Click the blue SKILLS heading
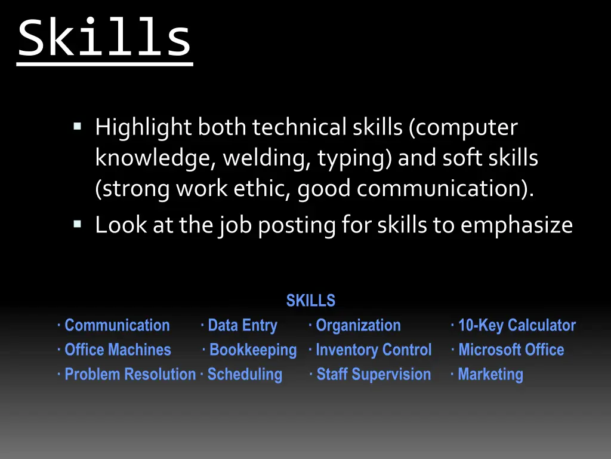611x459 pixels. pyautogui.click(x=310, y=301)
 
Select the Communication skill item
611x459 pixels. pyautogui.click(x=117, y=326)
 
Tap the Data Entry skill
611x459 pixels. pyautogui.click(x=242, y=326)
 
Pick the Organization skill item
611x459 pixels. pyautogui.click(x=358, y=326)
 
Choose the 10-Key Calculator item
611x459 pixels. pyautogui.click(x=517, y=326)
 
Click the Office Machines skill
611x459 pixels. pyautogui.click(x=118, y=350)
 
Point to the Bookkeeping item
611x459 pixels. pyautogui.click(x=253, y=350)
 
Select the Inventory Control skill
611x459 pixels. pyautogui.click(x=373, y=350)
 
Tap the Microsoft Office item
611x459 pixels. pyautogui.click(x=511, y=350)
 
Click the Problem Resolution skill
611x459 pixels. pyautogui.click(x=130, y=375)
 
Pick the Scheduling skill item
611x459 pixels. pyautogui.click(x=245, y=375)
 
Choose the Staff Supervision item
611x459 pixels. pyautogui.click(x=374, y=375)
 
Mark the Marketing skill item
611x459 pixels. pyautogui.click(x=490, y=375)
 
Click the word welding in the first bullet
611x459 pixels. pyautogui.click(x=267, y=158)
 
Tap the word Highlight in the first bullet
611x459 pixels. pyautogui.click(x=143, y=128)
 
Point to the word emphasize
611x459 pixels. pyautogui.click(x=517, y=225)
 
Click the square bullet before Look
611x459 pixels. pyautogui.click(x=77, y=225)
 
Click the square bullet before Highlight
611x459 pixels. pyautogui.click(x=77, y=127)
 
